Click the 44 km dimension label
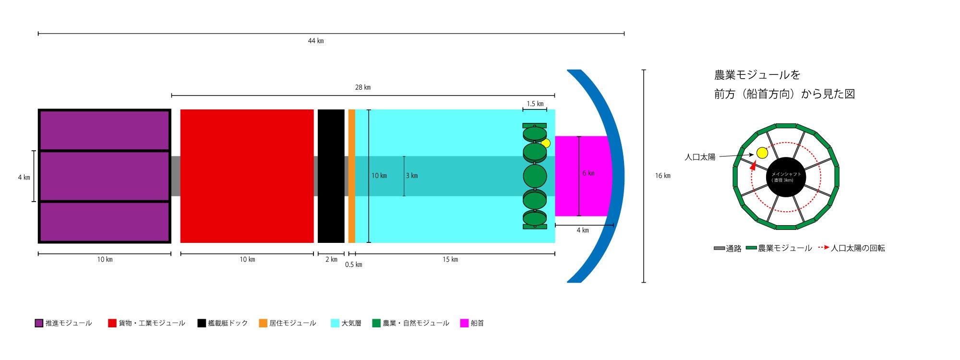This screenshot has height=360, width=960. coord(316,41)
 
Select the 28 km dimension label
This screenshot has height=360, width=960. coord(363,87)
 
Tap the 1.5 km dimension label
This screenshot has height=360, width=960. coord(535,104)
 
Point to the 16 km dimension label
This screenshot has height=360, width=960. coord(663,176)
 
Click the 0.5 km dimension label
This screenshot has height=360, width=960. coord(354,264)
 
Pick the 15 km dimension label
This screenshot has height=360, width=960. coord(450,260)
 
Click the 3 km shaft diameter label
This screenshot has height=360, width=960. coord(412,176)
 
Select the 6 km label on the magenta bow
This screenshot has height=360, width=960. coord(588,173)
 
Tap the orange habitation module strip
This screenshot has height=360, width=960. coord(352,176)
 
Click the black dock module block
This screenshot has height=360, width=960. coord(331,176)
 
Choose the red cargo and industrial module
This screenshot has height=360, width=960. coord(247,176)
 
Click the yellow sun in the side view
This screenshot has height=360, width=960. coord(546,143)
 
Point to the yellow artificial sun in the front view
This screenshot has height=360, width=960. coord(762,153)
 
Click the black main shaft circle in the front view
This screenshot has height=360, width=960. coord(786,177)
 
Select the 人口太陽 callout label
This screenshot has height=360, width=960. coord(700,157)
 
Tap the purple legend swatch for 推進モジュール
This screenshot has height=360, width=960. coord(39,323)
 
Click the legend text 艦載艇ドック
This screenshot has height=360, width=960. coord(228,323)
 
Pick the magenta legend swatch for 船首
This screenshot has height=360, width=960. coord(464,323)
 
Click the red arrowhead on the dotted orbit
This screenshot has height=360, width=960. coord(753,166)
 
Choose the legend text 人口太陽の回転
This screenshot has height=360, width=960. coord(858,248)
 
